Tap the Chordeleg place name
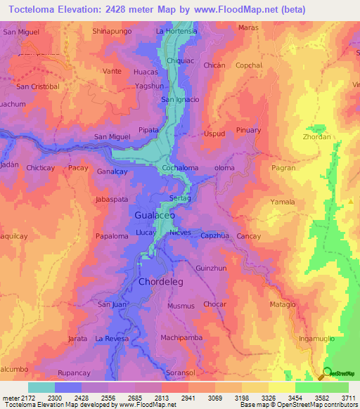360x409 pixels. [156, 283]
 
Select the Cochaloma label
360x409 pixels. [180, 169]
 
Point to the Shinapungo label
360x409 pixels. [112, 32]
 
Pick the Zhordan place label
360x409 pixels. [318, 137]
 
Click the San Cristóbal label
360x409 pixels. [37, 87]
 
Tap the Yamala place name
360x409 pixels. [283, 202]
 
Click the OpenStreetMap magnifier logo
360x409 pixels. [326, 373]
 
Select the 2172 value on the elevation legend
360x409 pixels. [22, 398]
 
